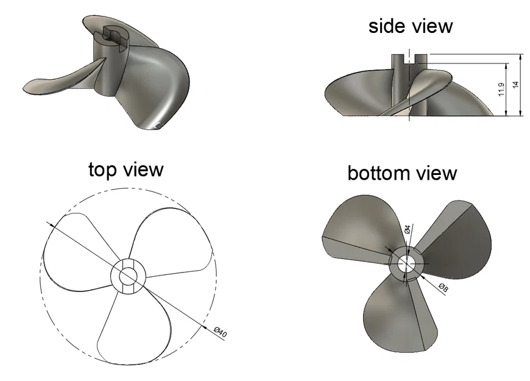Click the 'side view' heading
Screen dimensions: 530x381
(411, 26)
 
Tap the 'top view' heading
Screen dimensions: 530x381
(125, 169)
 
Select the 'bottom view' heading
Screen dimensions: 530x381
(402, 173)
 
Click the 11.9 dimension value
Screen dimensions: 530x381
(501, 90)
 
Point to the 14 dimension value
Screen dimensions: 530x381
(515, 85)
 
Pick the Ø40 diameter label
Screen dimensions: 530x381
(221, 332)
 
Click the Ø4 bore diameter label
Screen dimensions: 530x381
(408, 229)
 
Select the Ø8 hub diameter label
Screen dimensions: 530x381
(443, 288)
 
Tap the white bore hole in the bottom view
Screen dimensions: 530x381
(405, 263)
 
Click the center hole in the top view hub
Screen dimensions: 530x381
(128, 276)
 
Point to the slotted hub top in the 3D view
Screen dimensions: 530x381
(111, 36)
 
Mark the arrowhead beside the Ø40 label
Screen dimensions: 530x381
(204, 326)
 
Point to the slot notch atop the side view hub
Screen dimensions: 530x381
(409, 59)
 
